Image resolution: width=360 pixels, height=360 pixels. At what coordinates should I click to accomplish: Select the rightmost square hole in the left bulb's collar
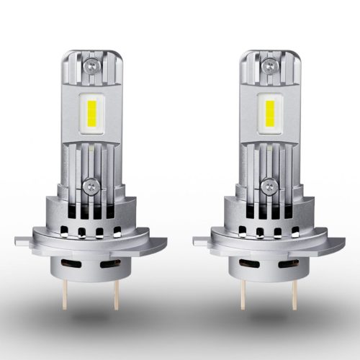click(117, 232)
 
